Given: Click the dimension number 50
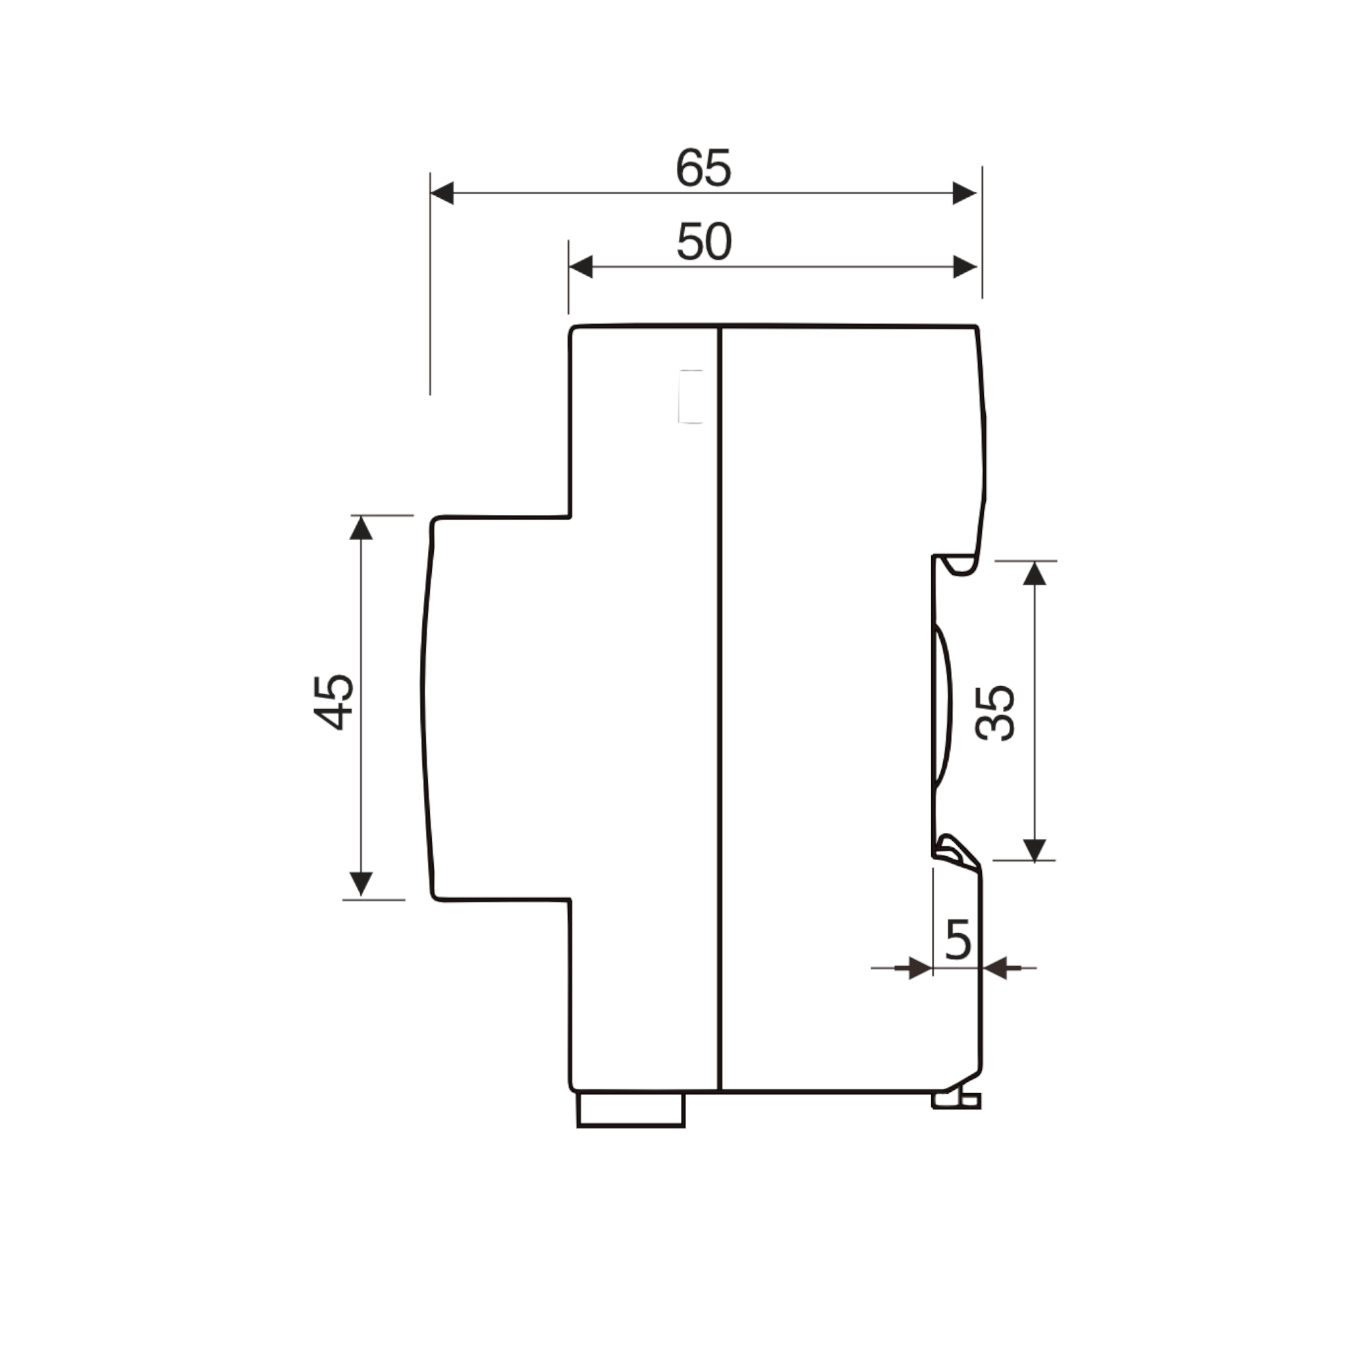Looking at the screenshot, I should point(704,242).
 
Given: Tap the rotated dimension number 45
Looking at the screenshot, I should point(333,702).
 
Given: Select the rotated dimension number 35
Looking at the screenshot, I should point(995,713).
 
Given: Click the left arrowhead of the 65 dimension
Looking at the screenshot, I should point(442,193).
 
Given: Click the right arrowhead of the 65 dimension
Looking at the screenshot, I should point(965,193).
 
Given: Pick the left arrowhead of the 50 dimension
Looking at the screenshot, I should point(580,267).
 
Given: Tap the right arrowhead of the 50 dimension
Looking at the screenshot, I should point(965,267).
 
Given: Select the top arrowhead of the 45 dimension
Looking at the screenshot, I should point(361,528).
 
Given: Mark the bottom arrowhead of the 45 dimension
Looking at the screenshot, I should point(361,884).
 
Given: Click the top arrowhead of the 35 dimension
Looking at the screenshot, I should point(1035,574).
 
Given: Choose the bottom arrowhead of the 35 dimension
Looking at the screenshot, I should point(1035,850).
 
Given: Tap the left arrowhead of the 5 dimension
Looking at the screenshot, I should point(920,968).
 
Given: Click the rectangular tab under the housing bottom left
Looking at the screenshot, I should point(631,1109).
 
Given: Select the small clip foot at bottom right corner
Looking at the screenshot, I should point(957,1101).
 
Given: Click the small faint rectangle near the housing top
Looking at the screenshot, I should point(690,397).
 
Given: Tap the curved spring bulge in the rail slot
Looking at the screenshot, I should point(943,706).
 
